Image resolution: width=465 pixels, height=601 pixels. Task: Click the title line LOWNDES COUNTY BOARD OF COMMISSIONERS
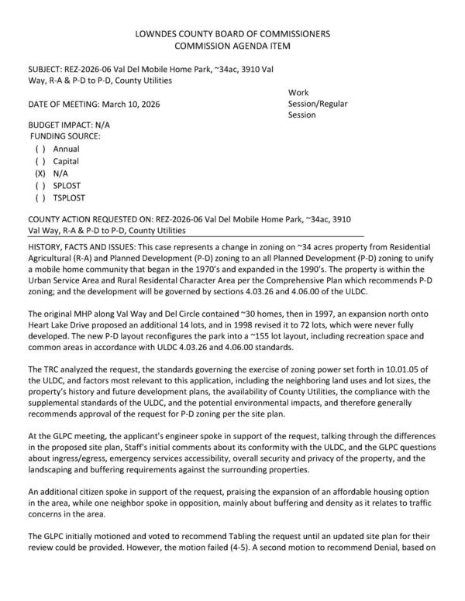pyautogui.click(x=232, y=34)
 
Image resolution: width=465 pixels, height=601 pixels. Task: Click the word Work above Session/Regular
pyautogui.click(x=299, y=92)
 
